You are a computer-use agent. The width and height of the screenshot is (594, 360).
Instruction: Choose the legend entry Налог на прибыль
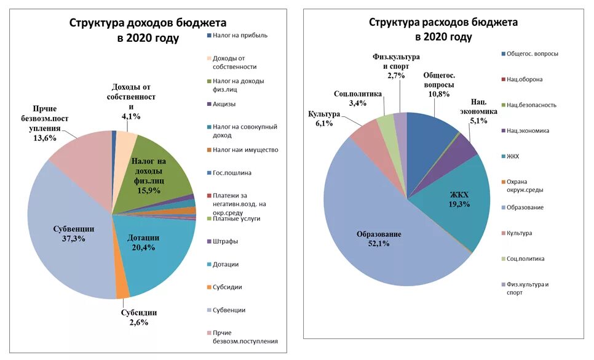(x=240, y=36)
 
